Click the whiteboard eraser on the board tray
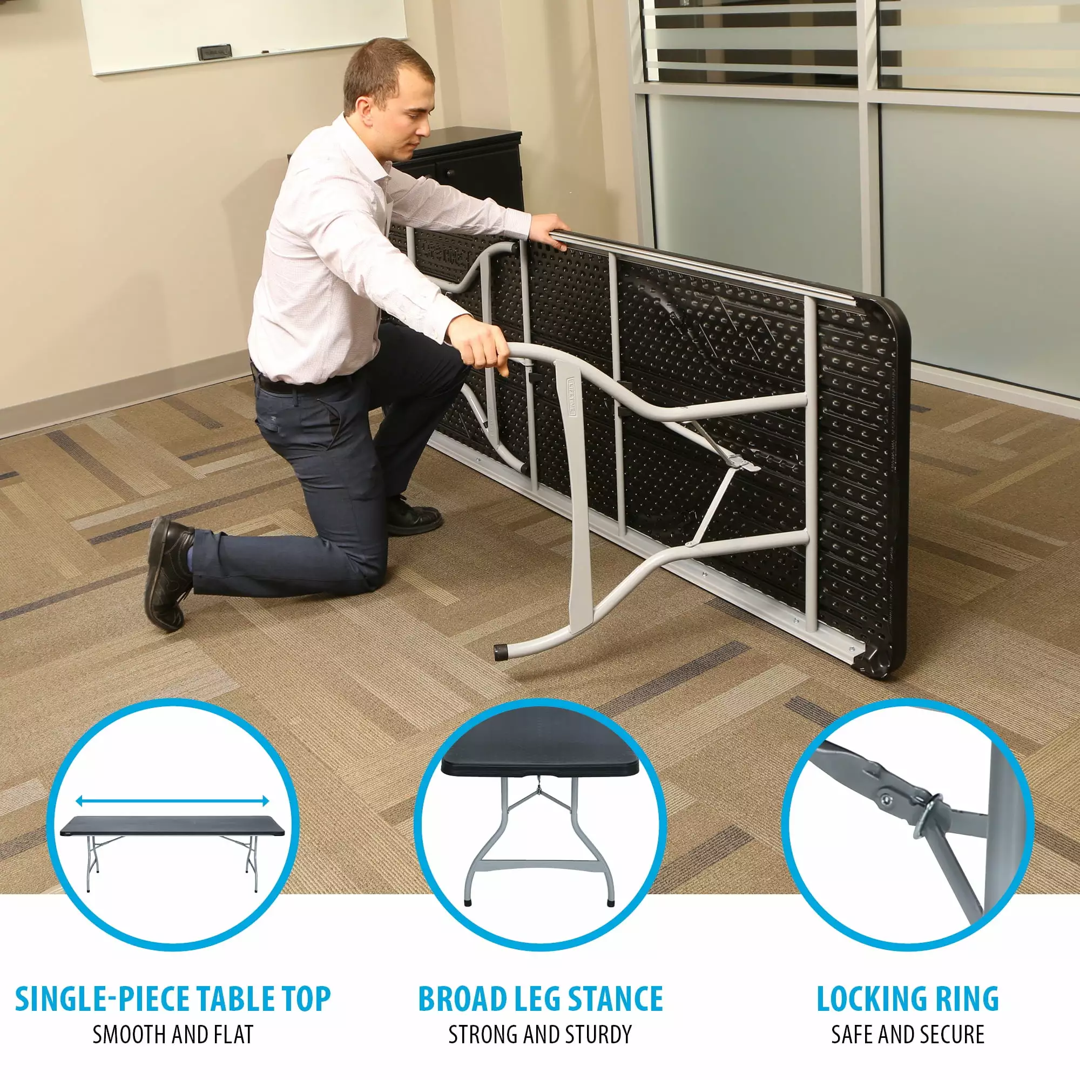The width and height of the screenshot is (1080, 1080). pyautogui.click(x=214, y=51)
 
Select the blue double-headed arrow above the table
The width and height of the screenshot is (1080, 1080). pyautogui.click(x=172, y=801)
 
